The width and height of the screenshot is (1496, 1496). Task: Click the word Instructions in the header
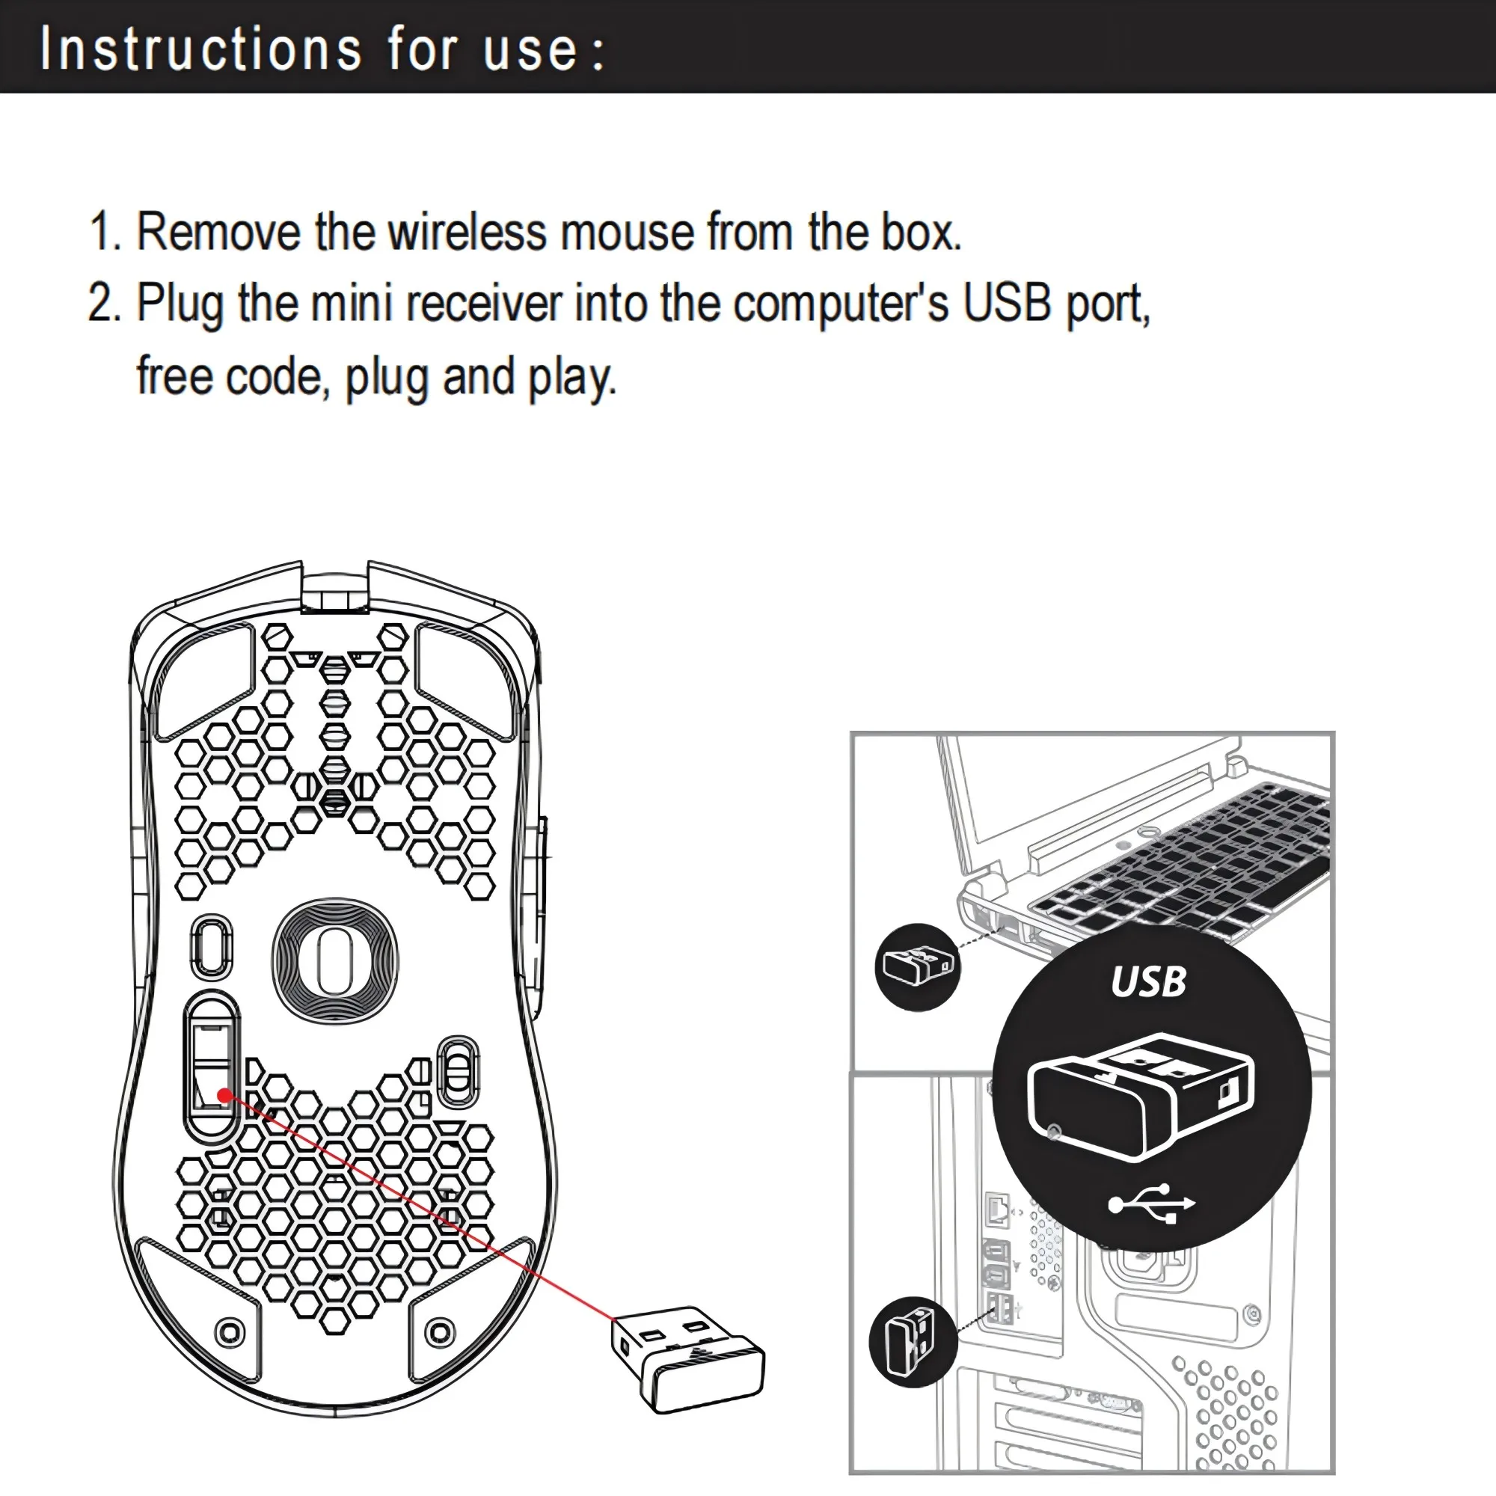[x=200, y=49]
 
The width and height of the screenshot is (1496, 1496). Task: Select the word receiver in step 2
[x=484, y=303]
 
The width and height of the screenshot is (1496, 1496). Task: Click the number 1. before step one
[x=105, y=232]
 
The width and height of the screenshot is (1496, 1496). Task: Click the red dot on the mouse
[x=224, y=1095]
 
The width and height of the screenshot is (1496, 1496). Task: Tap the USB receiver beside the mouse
[x=687, y=1359]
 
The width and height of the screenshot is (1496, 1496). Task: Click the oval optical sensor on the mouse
[x=334, y=960]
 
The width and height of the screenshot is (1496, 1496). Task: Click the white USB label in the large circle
[x=1147, y=982]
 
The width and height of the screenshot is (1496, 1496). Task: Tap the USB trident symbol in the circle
[x=1151, y=1204]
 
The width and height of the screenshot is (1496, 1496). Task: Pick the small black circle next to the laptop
[x=917, y=966]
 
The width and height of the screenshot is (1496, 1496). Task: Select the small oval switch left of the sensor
[x=212, y=946]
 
